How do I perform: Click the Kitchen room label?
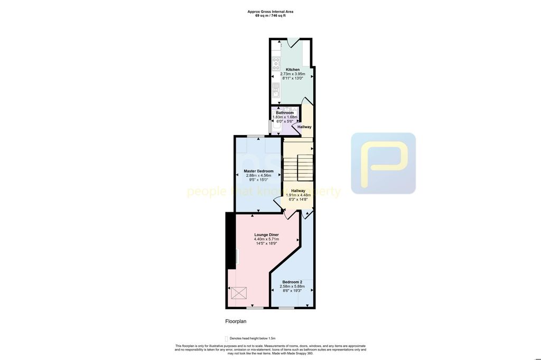click(292, 70)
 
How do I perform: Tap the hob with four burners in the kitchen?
click(276, 64)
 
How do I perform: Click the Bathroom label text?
click(285, 112)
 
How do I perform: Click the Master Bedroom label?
click(258, 171)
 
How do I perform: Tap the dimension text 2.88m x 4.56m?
click(258, 175)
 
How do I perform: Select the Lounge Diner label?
click(266, 235)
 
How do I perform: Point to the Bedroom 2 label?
click(292, 282)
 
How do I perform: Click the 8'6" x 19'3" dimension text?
click(292, 291)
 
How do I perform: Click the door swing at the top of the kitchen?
click(293, 42)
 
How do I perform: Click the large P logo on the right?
click(384, 163)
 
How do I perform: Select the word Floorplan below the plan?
click(236, 321)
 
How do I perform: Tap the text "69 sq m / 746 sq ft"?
click(270, 16)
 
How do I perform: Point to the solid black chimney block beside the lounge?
click(230, 241)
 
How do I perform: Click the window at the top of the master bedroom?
click(256, 136)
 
